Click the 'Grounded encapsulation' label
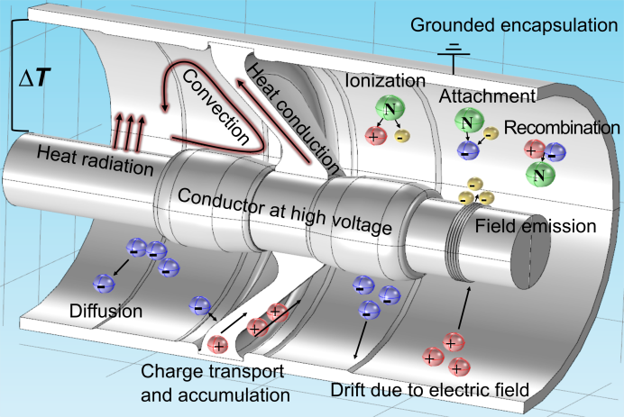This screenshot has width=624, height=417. click(x=514, y=24)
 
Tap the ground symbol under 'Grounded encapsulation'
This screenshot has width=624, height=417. click(x=454, y=51)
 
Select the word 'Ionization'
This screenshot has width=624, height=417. click(x=385, y=81)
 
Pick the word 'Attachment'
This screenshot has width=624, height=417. click(x=488, y=95)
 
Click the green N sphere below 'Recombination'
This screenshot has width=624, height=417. click(x=538, y=172)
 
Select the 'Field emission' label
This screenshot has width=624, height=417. click(x=547, y=226)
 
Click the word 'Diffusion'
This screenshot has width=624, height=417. click(x=106, y=312)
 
